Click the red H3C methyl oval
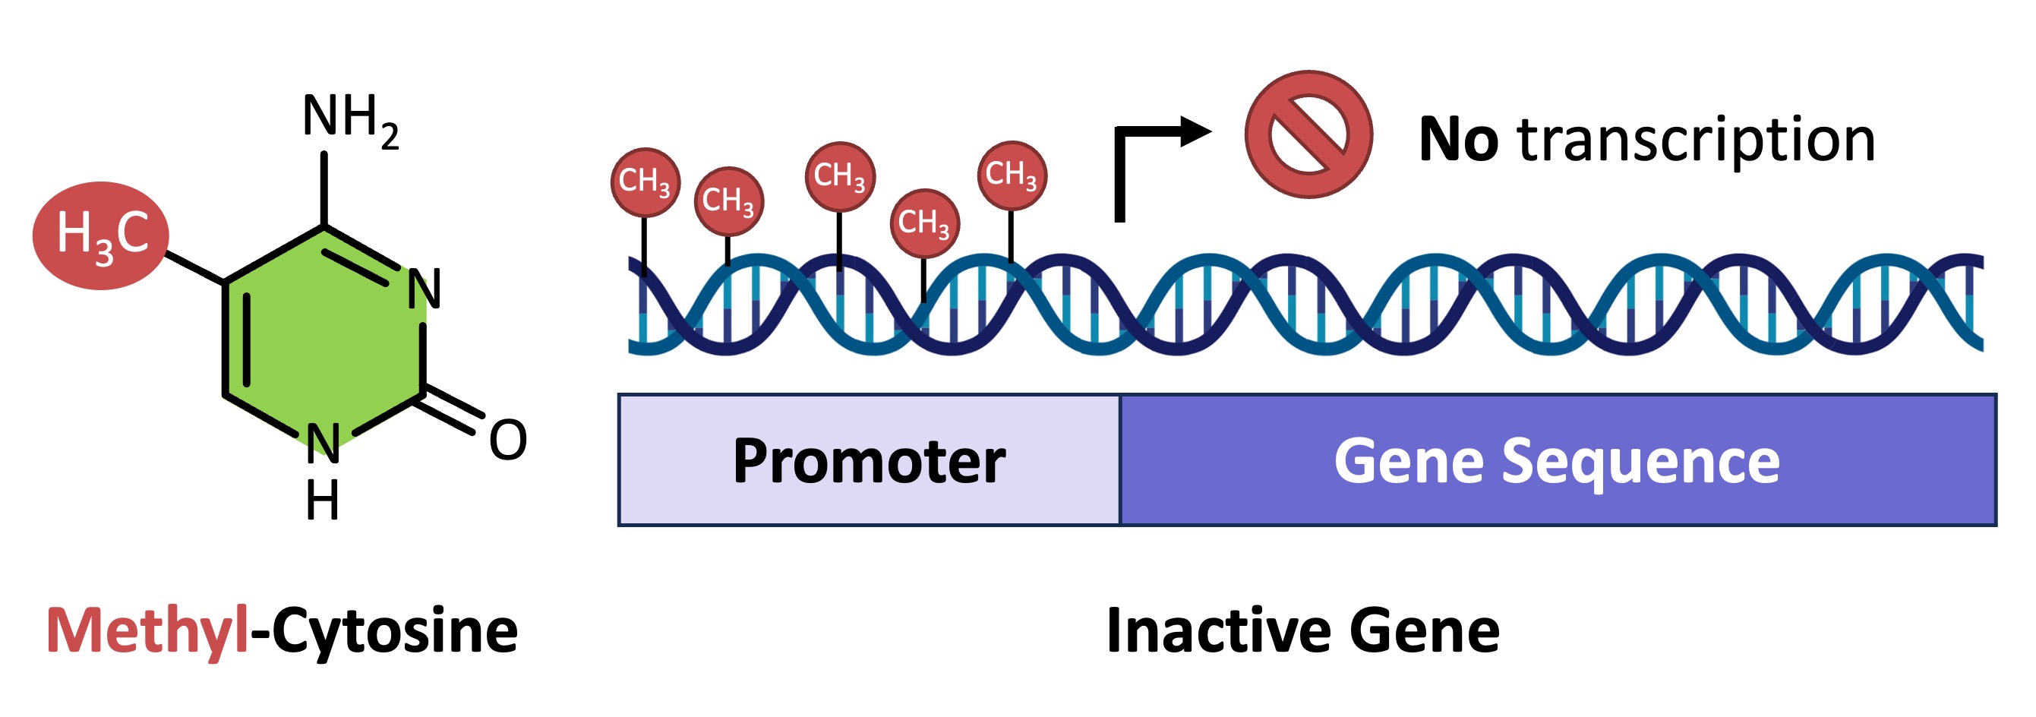pos(100,235)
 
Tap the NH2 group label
pos(350,118)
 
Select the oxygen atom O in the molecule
pos(507,441)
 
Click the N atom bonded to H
pos(323,443)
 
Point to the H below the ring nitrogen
pos(323,501)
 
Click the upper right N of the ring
pos(424,289)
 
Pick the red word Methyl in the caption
pos(148,631)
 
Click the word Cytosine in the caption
pos(394,631)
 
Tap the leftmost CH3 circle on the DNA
pos(645,182)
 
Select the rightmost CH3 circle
pos(1011,175)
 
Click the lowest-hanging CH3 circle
pos(924,223)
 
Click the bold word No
pos(1457,140)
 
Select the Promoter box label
pos(869,461)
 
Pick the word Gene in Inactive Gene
pos(1423,631)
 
